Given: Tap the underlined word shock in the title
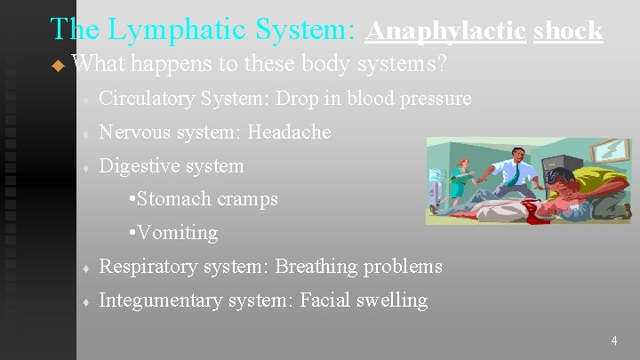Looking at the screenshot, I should tap(568, 30).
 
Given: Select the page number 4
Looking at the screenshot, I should tap(612, 340).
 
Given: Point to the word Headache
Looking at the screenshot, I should tap(289, 132).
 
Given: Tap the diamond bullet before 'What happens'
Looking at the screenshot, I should tap(59, 66).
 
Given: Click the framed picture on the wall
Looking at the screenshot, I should tap(609, 152).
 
